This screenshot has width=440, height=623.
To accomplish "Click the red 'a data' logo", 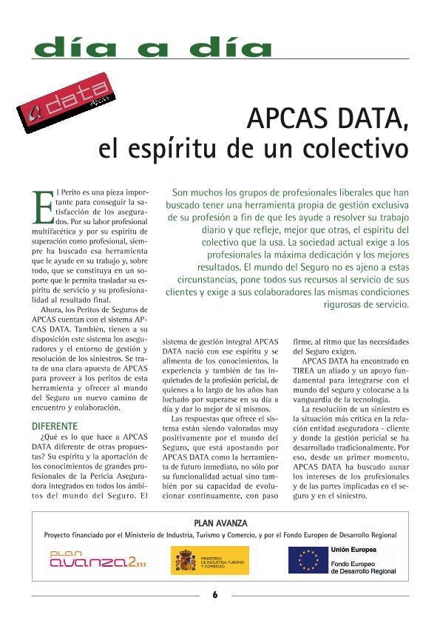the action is click(x=66, y=107).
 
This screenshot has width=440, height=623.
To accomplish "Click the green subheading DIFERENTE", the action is click(x=53, y=426).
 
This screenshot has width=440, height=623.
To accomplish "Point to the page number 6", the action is click(x=214, y=594).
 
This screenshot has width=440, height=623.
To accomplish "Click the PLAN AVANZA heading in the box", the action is click(x=220, y=522).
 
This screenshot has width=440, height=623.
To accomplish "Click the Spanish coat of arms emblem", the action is click(x=184, y=560).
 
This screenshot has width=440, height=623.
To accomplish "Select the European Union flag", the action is click(x=308, y=560).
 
